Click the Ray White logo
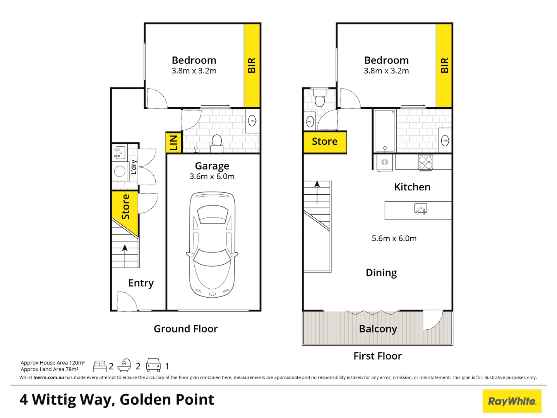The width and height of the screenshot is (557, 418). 512,401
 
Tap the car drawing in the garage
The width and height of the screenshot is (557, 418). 212,245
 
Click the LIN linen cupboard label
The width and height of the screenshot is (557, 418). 174,142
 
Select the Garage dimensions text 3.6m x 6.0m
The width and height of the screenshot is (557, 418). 212,176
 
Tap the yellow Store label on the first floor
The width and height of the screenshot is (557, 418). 324,142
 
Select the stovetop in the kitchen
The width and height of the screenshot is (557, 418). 425,163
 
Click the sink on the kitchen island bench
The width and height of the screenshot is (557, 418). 420,209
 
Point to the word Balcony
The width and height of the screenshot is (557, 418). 378,329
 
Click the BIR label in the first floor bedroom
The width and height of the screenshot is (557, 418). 444,65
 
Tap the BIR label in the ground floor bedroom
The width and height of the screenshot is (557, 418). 252,65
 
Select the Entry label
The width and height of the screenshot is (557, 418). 141,283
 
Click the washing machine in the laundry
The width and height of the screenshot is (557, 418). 120,171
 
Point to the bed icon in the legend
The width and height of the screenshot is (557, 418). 100,366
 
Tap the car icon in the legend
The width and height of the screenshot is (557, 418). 153,365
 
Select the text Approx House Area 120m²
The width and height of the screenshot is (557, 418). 53,363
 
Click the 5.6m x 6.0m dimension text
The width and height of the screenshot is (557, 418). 394,238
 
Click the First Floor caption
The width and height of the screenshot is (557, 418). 377,356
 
